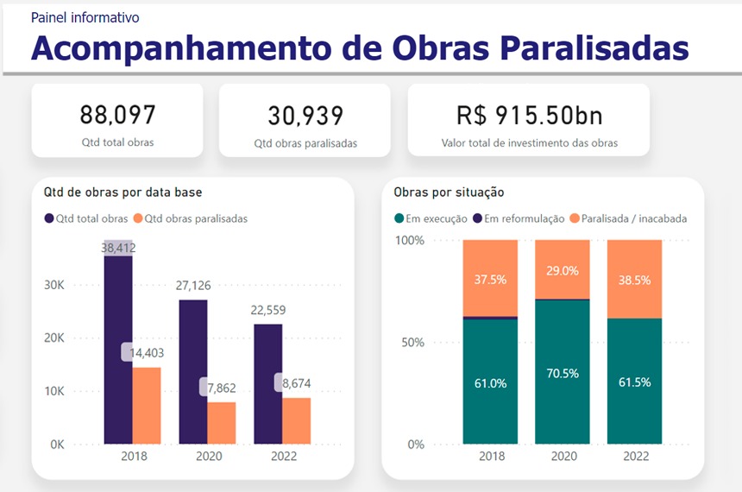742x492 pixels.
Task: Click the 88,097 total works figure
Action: [117, 115]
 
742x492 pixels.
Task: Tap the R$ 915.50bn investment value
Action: [529, 116]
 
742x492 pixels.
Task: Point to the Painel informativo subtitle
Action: [85, 17]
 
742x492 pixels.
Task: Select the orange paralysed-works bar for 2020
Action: [222, 423]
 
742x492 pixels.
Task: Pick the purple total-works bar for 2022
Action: [267, 384]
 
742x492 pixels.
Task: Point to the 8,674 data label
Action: [295, 382]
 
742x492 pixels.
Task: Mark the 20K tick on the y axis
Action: [53, 337]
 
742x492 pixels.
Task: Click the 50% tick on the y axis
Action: [413, 343]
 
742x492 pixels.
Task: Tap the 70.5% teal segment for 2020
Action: [563, 373]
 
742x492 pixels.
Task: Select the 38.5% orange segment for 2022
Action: [634, 280]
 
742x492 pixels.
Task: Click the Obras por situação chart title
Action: [449, 192]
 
